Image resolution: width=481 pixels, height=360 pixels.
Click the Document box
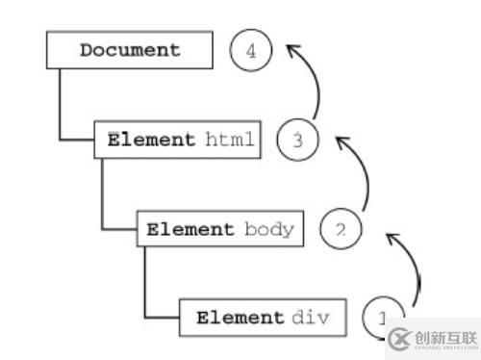(129, 50)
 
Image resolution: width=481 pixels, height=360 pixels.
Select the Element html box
(178, 141)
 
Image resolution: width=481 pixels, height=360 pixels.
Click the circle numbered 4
(251, 51)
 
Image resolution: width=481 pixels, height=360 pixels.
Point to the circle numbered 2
(339, 230)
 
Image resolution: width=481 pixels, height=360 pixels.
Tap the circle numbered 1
(382, 317)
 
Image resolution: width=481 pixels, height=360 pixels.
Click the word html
(230, 141)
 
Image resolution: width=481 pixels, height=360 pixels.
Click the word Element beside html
(149, 141)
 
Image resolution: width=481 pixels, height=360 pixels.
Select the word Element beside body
(190, 230)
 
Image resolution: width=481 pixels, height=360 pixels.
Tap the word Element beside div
(240, 317)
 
